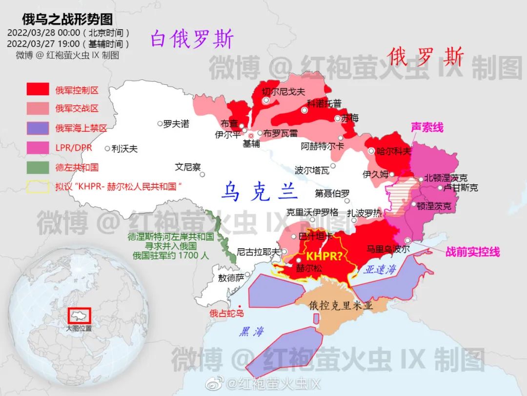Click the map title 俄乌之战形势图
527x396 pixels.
(67, 19)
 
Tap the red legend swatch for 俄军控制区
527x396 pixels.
(38, 90)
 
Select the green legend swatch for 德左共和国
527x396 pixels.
(38, 167)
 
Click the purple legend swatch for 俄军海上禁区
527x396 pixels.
(38, 128)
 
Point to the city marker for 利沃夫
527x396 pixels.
(107, 149)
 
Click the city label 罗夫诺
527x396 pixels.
(176, 124)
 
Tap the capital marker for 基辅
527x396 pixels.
(251, 135)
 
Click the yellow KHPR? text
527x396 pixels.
(324, 256)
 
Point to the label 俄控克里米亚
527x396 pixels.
(341, 306)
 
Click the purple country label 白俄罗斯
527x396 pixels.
(192, 39)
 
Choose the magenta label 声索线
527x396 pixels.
(427, 127)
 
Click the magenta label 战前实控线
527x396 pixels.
(472, 252)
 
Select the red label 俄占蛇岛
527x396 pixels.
(226, 313)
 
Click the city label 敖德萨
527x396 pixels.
(230, 277)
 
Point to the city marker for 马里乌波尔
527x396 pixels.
(408, 240)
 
